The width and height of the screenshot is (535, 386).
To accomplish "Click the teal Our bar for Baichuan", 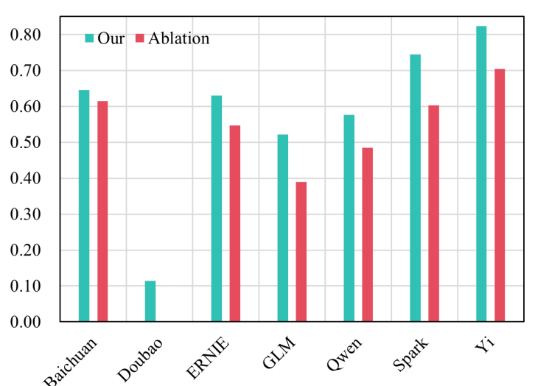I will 84,206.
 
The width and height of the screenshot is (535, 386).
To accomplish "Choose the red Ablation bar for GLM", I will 301,251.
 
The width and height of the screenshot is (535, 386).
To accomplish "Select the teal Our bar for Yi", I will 481,174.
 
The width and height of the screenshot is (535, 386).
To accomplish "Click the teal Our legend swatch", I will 90,38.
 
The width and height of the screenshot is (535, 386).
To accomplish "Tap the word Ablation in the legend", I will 178,38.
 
